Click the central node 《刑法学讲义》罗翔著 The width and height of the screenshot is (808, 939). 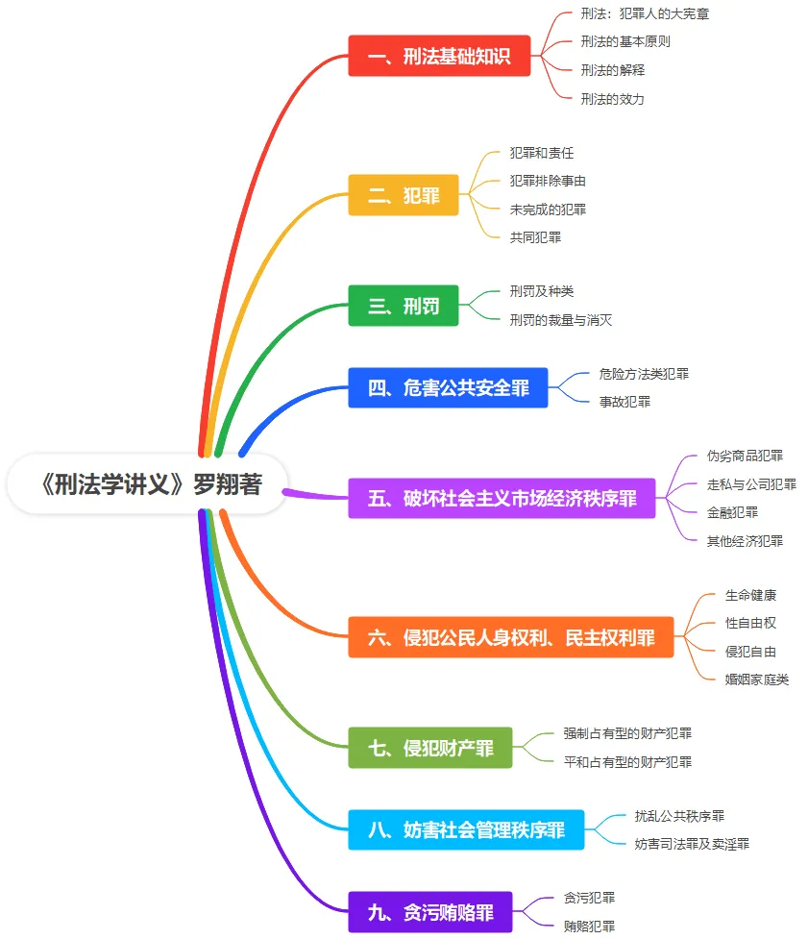pos(149,484)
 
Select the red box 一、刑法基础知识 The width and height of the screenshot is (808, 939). pos(439,56)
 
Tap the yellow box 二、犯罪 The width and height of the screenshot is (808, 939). pos(404,195)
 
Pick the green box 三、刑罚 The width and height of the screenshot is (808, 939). pos(404,306)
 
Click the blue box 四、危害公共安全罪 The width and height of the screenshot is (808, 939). pos(448,388)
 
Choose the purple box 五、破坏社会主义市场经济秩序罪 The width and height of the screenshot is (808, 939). pos(502,499)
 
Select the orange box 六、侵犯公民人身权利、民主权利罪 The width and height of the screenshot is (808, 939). pos(511,637)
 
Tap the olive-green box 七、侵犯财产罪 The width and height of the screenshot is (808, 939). pos(430,748)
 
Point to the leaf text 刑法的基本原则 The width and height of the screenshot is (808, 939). pos(625,41)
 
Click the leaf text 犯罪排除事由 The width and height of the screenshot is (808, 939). pos(548,181)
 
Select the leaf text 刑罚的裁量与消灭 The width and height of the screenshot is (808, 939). pos(560,320)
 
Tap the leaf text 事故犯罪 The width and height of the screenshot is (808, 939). pos(624,402)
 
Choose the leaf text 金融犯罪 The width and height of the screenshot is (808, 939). pos(732,512)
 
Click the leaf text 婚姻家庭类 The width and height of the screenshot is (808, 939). pos(757,680)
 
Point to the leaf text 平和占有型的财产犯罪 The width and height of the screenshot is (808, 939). pos(627,761)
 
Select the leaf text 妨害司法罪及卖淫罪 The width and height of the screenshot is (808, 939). pos(692,844)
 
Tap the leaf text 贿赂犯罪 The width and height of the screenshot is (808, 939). pos(589,927)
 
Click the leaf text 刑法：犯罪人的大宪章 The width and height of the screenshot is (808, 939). pos(645,13)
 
